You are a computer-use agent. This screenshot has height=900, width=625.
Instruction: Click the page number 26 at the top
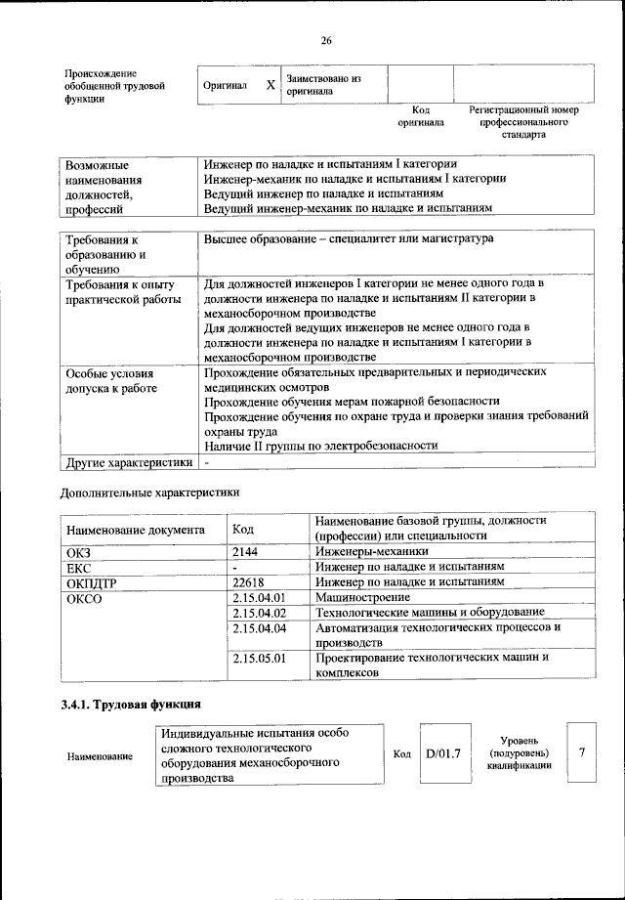coord(326,40)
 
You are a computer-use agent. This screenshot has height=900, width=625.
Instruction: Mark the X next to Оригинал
coord(271,85)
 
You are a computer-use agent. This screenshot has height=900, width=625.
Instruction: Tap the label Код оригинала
coord(420,116)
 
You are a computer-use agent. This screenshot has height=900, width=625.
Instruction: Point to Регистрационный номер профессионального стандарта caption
coord(523,122)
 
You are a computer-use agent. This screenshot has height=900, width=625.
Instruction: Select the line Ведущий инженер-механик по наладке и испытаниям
coord(347,208)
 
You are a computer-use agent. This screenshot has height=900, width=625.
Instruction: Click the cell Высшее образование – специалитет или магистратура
coord(349,238)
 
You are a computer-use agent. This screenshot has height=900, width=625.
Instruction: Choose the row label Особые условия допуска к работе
coord(111,380)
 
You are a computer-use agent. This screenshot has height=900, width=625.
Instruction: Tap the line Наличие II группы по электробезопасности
coord(320,445)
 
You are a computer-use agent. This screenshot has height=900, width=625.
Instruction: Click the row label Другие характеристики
coord(128,461)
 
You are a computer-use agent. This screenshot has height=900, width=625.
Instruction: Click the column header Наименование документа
coord(136,530)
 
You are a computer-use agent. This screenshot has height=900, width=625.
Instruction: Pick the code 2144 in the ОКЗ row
coord(247,552)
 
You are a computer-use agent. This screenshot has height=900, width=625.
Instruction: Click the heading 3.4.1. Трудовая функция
coord(132,705)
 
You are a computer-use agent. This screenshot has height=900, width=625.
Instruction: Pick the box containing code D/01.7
coord(442,753)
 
